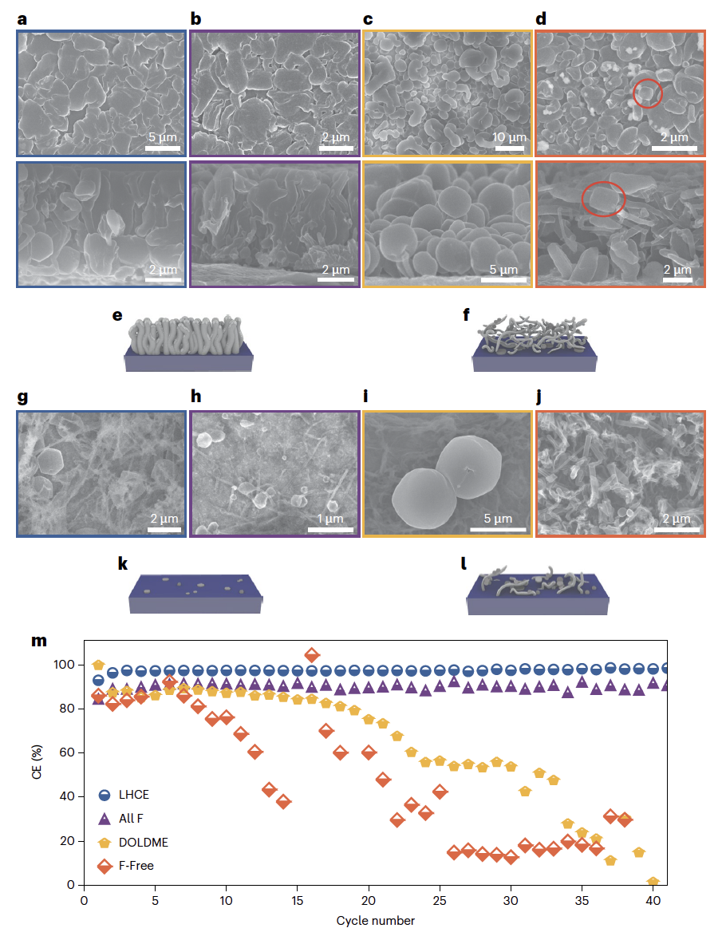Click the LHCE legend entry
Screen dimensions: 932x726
(x=133, y=795)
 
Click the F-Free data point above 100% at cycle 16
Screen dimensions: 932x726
(x=312, y=655)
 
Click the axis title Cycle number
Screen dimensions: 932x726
(x=375, y=921)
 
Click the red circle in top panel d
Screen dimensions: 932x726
(x=647, y=94)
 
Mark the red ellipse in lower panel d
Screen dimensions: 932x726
(x=603, y=199)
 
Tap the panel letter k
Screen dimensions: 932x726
(x=123, y=564)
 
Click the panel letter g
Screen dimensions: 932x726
(x=22, y=397)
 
